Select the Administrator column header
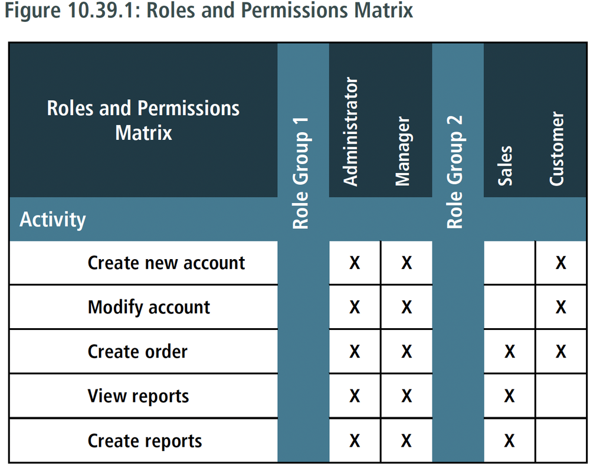tap(351, 132)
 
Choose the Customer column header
tap(556, 149)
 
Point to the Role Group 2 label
tap(455, 171)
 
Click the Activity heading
tap(53, 220)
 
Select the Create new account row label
tap(166, 263)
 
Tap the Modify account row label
tap(149, 307)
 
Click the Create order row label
tap(137, 352)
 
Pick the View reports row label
tap(138, 396)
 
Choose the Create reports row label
tap(145, 441)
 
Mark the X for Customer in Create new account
tap(560, 263)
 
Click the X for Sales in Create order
tap(509, 352)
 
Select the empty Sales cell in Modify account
tap(509, 307)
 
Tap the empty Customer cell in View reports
tap(560, 396)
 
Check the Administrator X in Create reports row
tap(355, 441)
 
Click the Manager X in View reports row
tap(407, 396)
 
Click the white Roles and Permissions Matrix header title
tap(143, 120)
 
